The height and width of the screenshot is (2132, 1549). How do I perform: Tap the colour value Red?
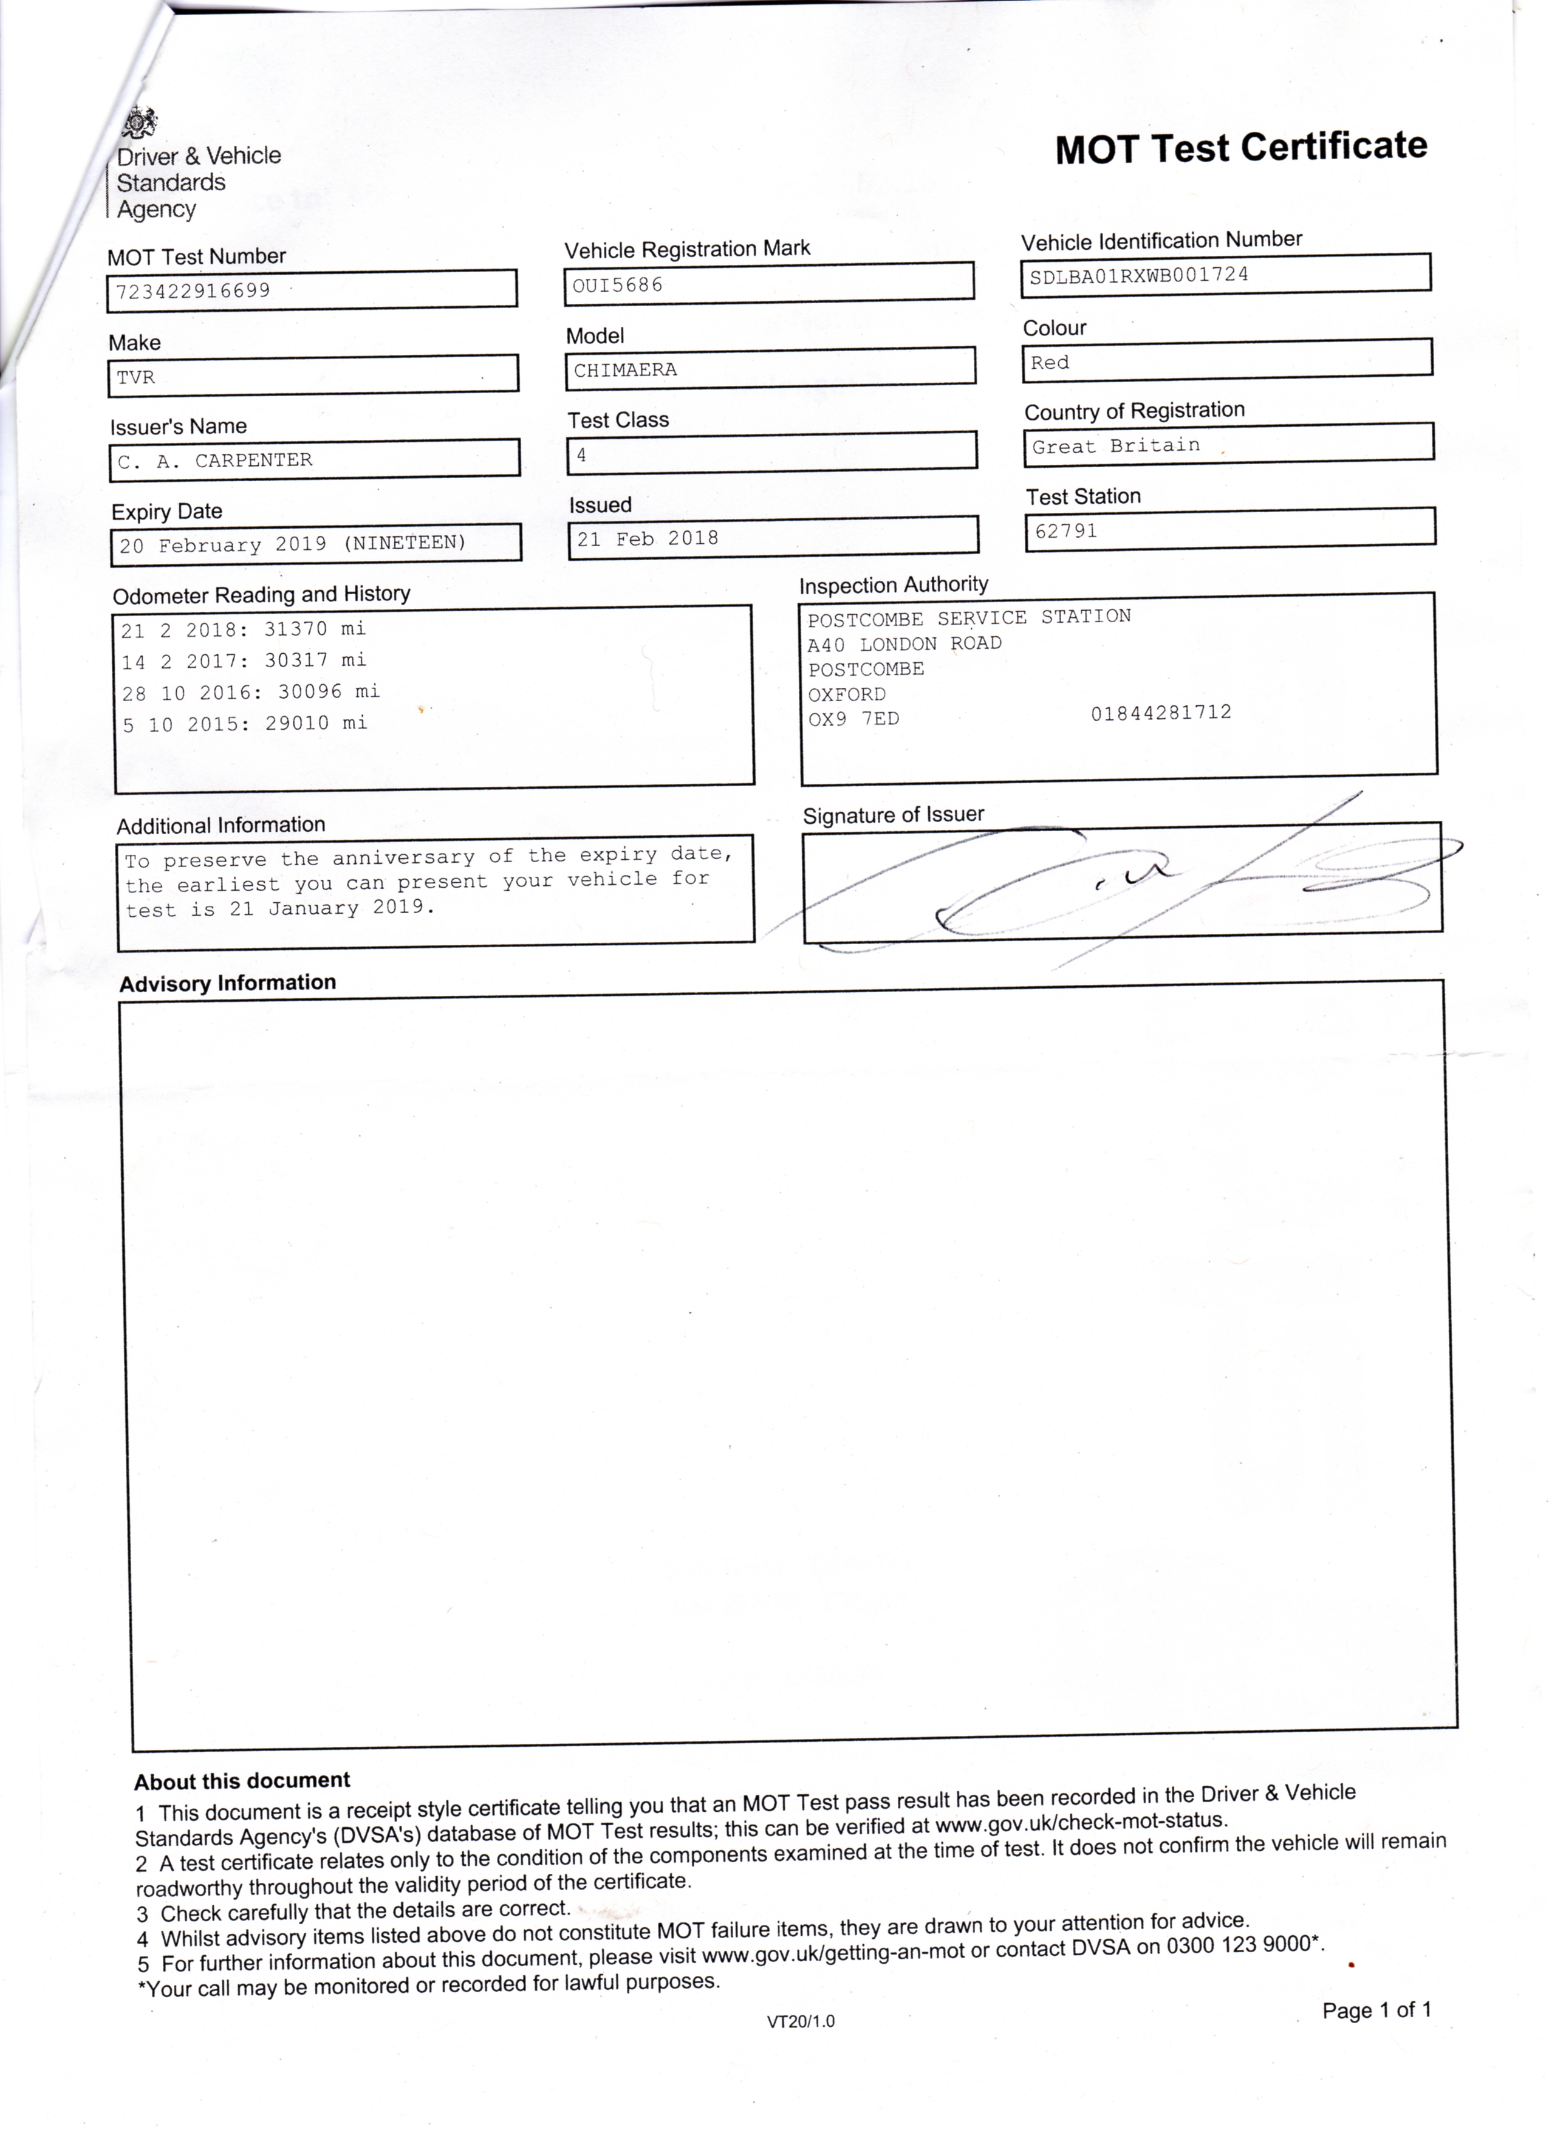(x=1049, y=363)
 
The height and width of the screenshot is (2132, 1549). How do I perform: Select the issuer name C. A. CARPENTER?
(x=214, y=461)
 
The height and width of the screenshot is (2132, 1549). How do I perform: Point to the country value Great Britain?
(x=1116, y=445)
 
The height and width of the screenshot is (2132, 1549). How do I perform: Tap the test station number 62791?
(x=1066, y=531)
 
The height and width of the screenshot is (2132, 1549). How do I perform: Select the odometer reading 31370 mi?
(x=315, y=629)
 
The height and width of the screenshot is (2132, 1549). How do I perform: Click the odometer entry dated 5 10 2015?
(x=244, y=724)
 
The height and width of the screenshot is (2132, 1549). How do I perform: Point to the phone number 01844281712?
(x=1161, y=713)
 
